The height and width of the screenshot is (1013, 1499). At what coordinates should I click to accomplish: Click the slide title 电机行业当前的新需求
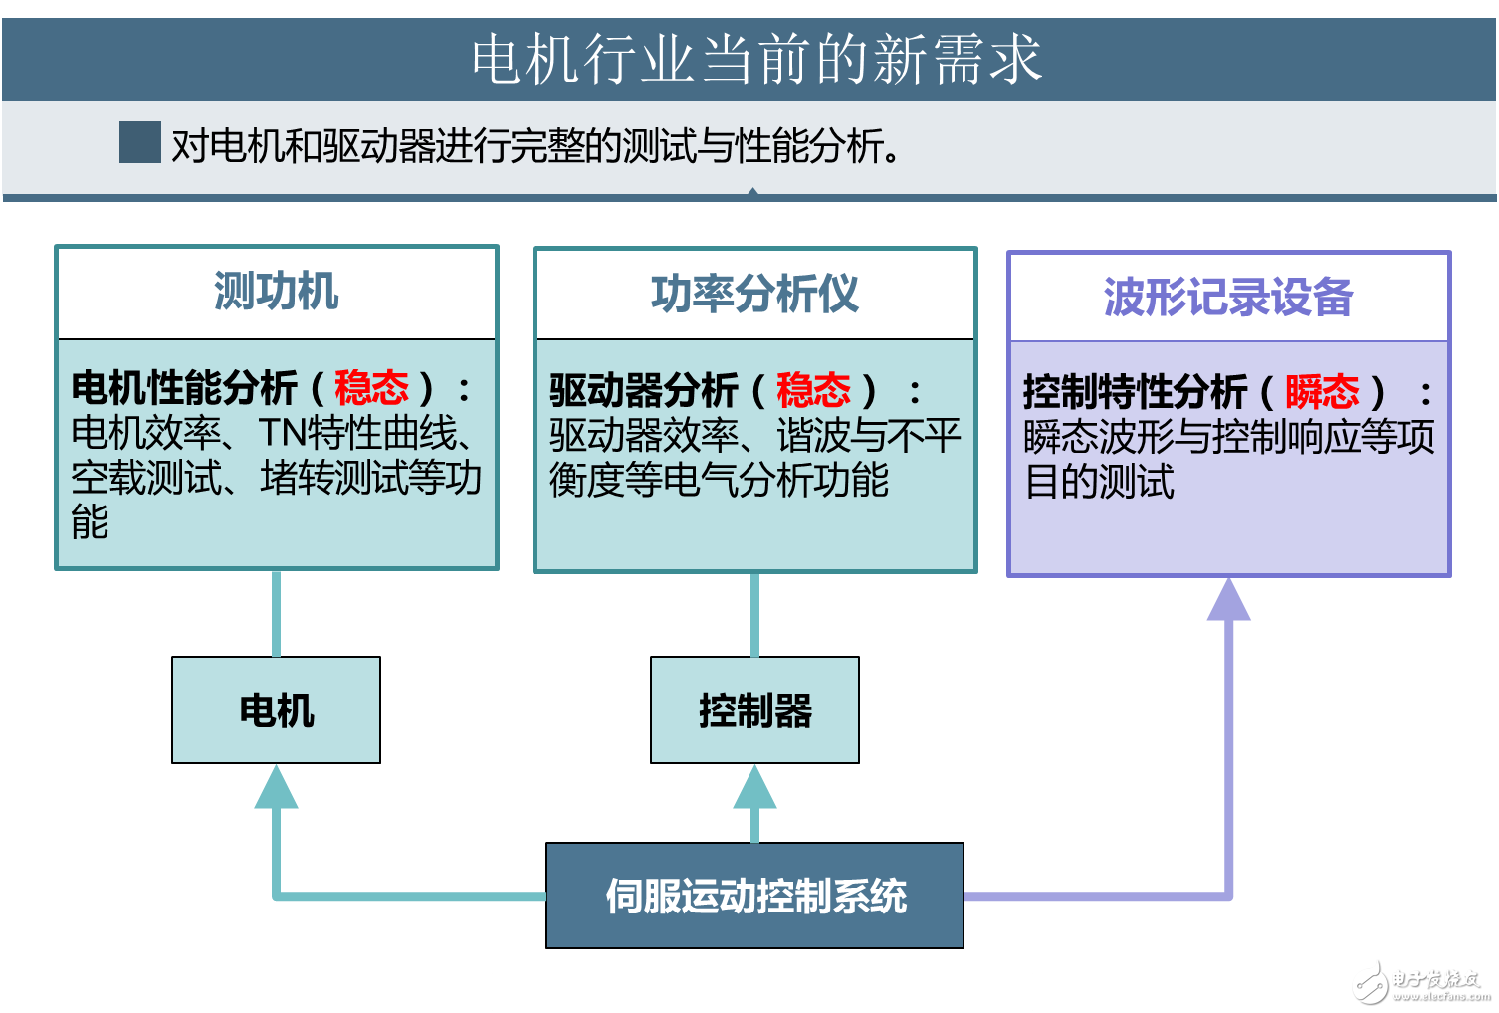755,59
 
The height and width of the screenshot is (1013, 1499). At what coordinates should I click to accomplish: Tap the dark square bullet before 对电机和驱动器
139,143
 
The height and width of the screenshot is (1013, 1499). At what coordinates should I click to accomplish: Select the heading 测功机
276,293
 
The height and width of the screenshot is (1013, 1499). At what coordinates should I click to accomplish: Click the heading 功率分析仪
754,295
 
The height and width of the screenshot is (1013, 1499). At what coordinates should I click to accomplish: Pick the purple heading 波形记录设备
1228,298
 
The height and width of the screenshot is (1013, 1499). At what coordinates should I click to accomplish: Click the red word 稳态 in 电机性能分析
371,388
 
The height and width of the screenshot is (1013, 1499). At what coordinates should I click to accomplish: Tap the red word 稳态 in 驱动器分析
812,390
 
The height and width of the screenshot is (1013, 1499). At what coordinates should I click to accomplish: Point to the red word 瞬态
1321,392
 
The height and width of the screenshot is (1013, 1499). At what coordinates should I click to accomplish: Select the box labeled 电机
276,710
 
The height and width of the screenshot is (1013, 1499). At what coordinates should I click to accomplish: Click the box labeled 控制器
754,710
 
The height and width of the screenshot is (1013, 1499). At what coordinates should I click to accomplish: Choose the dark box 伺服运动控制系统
754,896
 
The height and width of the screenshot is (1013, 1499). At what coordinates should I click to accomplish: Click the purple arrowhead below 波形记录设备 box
1228,601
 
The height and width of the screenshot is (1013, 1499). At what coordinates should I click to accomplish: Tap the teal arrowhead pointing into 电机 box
276,788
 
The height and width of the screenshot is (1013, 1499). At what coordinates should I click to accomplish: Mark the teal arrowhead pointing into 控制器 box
754,788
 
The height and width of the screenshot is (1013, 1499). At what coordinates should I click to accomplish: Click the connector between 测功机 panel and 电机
276,613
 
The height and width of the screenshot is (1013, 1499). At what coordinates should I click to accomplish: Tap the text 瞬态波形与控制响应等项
1228,437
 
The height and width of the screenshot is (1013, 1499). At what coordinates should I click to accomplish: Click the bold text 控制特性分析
1135,392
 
